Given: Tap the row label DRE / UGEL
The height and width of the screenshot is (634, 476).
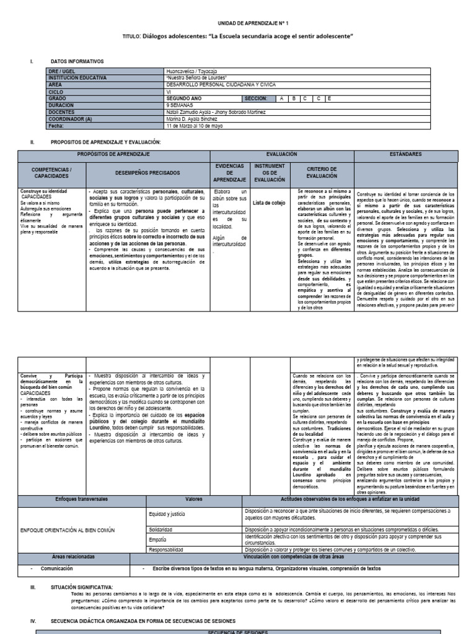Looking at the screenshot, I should pos(61,72).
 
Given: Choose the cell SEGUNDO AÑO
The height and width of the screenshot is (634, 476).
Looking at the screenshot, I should pos(184,98).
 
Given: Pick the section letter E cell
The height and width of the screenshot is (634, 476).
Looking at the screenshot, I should pos(330,98).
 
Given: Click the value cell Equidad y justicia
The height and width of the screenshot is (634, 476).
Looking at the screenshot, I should pos(167,513).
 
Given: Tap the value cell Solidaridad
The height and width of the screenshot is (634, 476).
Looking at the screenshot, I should pos(161,530).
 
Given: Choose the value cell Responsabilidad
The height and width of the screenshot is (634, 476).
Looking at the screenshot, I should pos(166,549).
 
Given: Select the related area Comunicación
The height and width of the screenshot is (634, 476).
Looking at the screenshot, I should pos(57,568).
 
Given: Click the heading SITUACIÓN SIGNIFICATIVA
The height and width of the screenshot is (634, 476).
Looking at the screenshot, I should pos(82,585).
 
